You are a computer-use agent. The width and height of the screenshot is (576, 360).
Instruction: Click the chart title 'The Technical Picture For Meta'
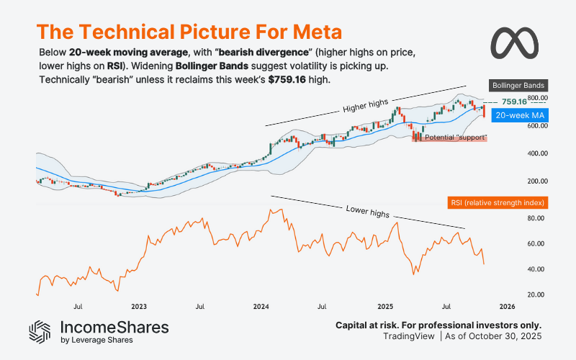tap(189, 32)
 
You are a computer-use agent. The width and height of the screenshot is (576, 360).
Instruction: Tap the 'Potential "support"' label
tap(456, 138)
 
